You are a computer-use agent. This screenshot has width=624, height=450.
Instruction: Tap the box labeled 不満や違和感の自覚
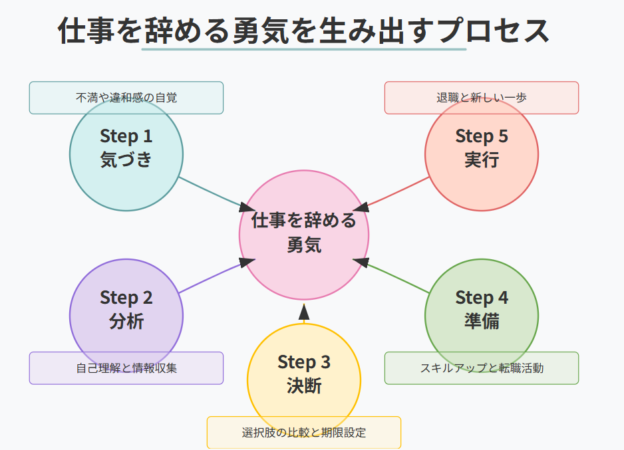tap(126, 98)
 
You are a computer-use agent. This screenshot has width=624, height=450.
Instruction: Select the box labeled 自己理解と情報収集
tap(126, 368)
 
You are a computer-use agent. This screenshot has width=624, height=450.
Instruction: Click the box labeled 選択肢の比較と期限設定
tap(304, 433)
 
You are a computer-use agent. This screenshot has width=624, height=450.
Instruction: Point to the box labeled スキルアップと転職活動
tap(482, 368)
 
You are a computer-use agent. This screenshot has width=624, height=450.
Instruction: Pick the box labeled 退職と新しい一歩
tap(482, 98)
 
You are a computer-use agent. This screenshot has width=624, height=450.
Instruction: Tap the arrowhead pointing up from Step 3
tap(304, 311)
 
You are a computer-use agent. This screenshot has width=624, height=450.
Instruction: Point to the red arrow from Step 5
tap(398, 192)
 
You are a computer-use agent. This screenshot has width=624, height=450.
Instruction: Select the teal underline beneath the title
tap(304, 49)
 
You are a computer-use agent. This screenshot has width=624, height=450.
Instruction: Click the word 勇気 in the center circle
tap(304, 245)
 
